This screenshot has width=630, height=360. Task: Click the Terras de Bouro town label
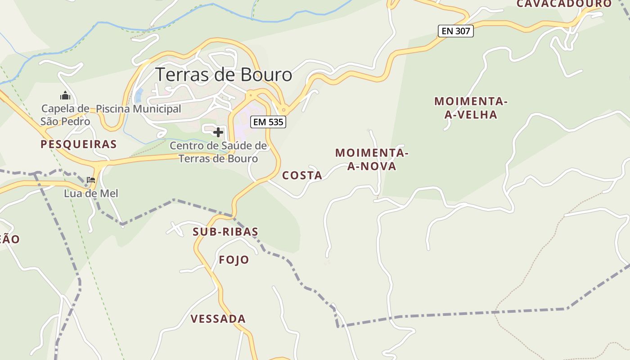[x=224, y=75]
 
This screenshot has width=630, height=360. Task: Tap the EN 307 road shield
[x=455, y=31]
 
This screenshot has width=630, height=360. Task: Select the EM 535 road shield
[x=268, y=121]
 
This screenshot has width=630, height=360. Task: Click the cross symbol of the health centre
[x=218, y=132]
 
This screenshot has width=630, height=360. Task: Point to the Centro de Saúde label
[x=218, y=152]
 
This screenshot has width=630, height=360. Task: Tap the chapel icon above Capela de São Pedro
[x=65, y=95]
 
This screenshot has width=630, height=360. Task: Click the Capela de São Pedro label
[x=65, y=115]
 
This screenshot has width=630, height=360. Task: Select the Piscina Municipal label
[x=139, y=109]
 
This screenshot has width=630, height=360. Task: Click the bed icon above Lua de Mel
[x=91, y=180]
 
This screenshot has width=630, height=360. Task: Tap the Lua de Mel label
[x=91, y=193]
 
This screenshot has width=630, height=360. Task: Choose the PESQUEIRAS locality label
[x=79, y=144]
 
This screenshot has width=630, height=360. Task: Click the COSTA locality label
[x=302, y=175]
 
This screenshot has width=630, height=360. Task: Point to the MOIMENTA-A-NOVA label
[x=372, y=159]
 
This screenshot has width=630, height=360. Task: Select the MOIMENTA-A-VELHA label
[x=471, y=108]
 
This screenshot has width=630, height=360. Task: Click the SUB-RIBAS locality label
[x=225, y=232]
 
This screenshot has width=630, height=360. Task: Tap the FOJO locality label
[x=234, y=260]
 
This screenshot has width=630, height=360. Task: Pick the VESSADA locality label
[x=218, y=319]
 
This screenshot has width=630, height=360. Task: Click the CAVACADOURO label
[x=564, y=4]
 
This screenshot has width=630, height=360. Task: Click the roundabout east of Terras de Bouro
[x=283, y=109]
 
